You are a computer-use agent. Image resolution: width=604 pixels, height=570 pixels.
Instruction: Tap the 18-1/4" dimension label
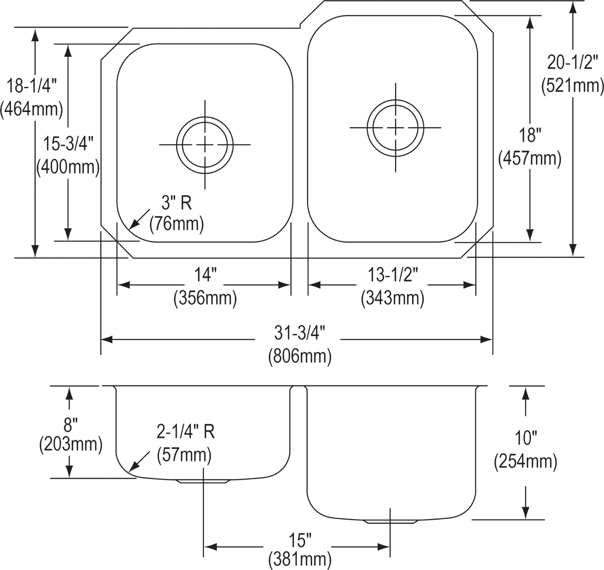click(x=32, y=87)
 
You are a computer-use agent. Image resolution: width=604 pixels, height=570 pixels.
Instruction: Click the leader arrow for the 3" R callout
click(x=138, y=219)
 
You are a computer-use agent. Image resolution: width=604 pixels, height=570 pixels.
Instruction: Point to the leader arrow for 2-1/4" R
click(x=139, y=461)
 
